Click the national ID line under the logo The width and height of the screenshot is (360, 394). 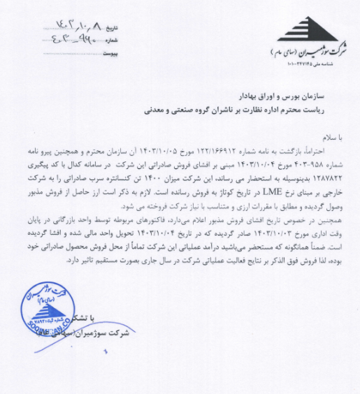[311, 64]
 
